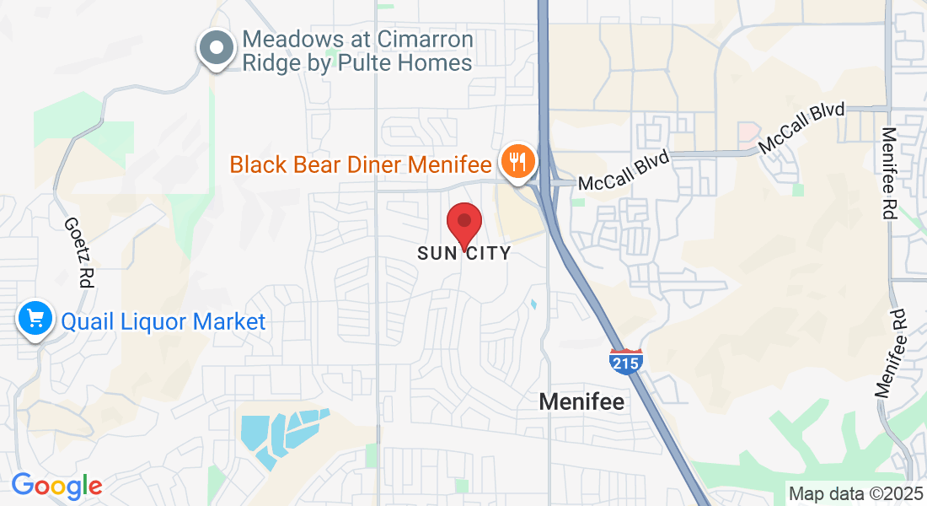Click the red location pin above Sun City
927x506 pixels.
463,223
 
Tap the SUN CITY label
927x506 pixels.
463,253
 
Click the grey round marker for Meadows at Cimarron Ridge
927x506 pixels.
217,47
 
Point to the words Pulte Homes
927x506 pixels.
415,63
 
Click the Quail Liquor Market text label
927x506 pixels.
163,321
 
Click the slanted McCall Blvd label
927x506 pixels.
801,129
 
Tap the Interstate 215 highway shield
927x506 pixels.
626,360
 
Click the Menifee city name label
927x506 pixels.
582,402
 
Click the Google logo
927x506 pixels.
56,486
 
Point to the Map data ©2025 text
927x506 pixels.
854,493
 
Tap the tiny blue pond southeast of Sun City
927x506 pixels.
533,303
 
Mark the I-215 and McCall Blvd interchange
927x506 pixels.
546,180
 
